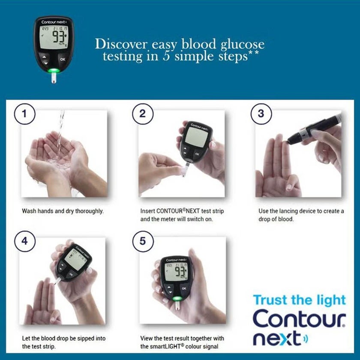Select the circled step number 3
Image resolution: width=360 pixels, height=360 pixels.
pyautogui.click(x=261, y=114)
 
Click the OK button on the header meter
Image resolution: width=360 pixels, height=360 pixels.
pyautogui.click(x=63, y=59)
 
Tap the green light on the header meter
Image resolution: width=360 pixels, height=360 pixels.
pyautogui.click(x=54, y=71)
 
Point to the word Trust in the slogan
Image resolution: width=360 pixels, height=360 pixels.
pyautogui.click(x=270, y=300)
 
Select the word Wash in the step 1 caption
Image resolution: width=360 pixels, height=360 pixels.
pyautogui.click(x=29, y=211)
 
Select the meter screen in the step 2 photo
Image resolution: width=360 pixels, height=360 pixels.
pyautogui.click(x=195, y=137)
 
